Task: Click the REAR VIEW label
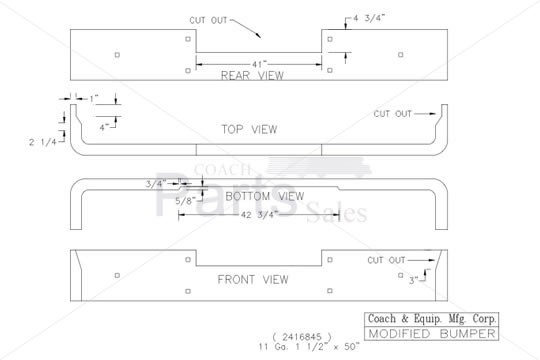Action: (x=252, y=75)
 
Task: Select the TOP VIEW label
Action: (x=249, y=129)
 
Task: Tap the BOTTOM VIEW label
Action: (x=264, y=196)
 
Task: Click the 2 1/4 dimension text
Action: (x=41, y=142)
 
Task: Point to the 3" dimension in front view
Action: (x=415, y=281)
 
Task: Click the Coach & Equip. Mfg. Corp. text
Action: (x=430, y=319)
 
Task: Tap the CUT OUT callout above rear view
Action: (x=209, y=20)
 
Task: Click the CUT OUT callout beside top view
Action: (x=393, y=113)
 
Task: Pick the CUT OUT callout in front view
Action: (x=388, y=260)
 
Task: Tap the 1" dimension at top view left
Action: (x=94, y=98)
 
